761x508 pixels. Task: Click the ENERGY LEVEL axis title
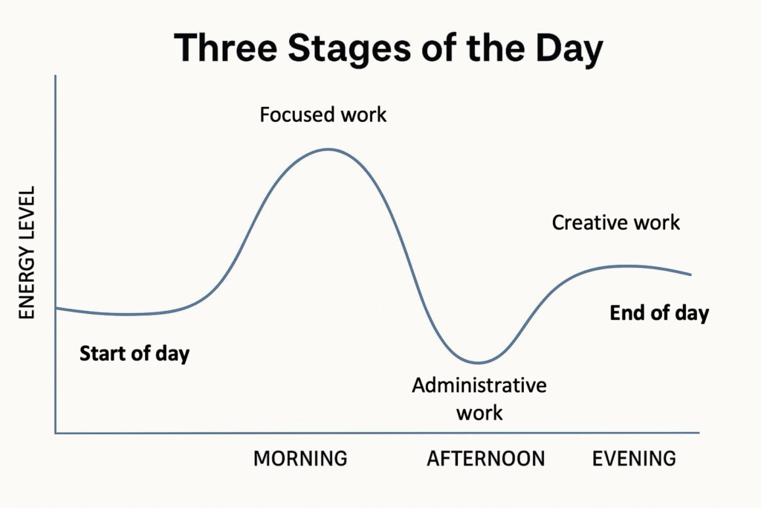point(27,253)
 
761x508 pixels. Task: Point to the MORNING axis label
point(300,458)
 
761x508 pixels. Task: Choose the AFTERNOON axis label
point(485,458)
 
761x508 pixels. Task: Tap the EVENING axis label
point(634,458)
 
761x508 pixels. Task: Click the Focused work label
point(323,115)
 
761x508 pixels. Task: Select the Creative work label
point(616,222)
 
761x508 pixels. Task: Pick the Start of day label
point(135,353)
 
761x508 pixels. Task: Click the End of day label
point(659,313)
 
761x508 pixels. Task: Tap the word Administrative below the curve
point(479,385)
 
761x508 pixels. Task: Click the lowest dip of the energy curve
point(478,363)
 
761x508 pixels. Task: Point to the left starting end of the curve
point(56,307)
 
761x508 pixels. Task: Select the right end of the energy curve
point(691,274)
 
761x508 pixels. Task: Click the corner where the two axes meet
point(56,432)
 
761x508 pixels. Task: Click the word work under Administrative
point(479,411)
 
